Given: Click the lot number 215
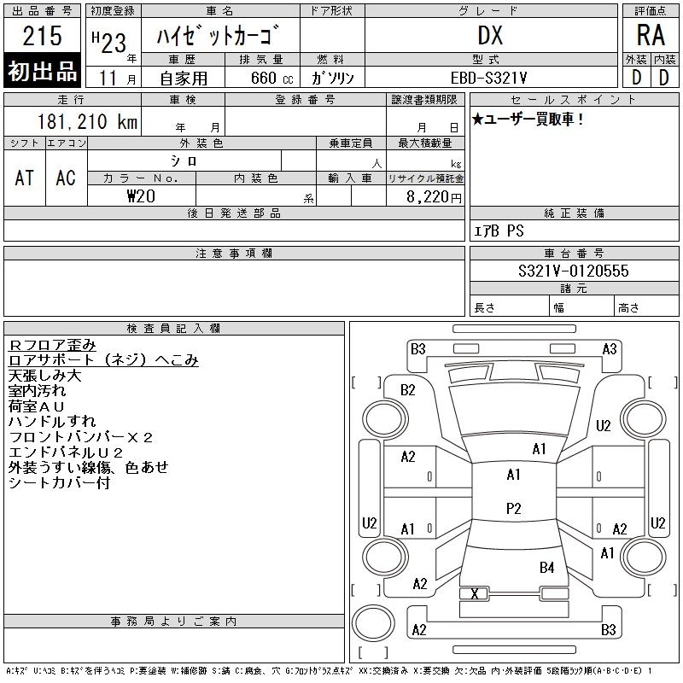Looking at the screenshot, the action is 43,36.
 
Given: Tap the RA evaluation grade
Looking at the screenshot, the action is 650,35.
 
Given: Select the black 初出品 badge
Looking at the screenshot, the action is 43,72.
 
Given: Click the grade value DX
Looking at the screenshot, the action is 490,35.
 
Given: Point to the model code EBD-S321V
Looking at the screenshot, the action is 490,77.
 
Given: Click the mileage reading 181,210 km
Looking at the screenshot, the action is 86,122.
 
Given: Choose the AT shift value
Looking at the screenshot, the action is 25,178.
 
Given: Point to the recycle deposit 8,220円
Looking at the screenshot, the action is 435,197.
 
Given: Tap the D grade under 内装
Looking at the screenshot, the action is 663,77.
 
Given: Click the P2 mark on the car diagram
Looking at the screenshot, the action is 513,508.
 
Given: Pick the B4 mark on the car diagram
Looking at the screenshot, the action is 546,567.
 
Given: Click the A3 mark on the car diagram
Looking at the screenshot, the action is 609,348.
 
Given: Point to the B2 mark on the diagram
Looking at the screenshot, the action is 408,390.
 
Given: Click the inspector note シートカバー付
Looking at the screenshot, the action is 59,483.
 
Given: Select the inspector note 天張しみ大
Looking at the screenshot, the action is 45,376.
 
